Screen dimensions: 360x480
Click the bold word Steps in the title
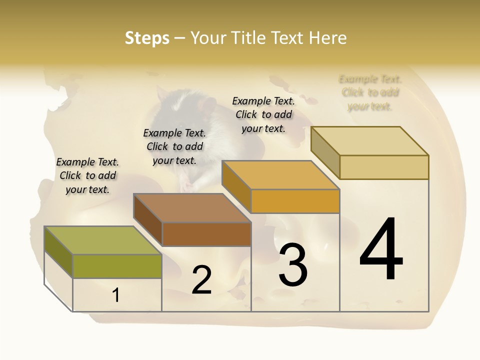click(x=147, y=38)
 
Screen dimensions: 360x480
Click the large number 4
click(x=381, y=249)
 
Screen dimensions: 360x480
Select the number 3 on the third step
click(x=293, y=265)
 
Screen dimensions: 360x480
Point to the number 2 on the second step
click(x=201, y=280)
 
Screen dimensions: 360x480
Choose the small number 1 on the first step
click(x=116, y=295)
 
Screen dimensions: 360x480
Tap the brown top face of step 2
click(x=192, y=208)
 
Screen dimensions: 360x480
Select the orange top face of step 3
click(x=280, y=175)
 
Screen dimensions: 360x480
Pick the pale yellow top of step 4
click(x=370, y=141)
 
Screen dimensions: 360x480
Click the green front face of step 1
click(x=117, y=266)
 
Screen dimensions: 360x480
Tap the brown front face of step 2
click(x=206, y=234)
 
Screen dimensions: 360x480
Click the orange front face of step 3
click(x=295, y=201)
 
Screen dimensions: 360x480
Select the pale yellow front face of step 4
click(x=384, y=167)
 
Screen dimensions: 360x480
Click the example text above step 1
click(x=87, y=175)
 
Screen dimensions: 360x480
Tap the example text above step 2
click(x=174, y=146)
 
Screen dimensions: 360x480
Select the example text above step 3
click(x=263, y=114)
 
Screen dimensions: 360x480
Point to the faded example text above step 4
click(x=370, y=92)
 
